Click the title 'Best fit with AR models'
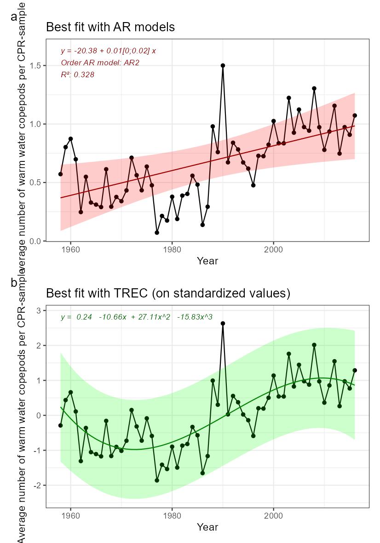(110, 27)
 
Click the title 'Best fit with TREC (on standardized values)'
(168, 293)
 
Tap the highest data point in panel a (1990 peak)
(223, 65)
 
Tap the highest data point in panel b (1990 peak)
(223, 323)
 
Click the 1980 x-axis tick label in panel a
(172, 249)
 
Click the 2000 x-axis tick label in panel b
(274, 515)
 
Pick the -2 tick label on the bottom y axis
(38, 485)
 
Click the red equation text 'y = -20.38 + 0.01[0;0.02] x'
(108, 51)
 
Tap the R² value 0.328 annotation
(77, 74)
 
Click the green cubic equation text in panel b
(136, 317)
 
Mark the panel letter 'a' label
(14, 17)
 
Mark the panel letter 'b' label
(14, 283)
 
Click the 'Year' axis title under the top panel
(207, 261)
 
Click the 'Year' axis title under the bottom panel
(207, 527)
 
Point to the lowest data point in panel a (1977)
(157, 233)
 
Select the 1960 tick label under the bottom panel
(70, 515)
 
